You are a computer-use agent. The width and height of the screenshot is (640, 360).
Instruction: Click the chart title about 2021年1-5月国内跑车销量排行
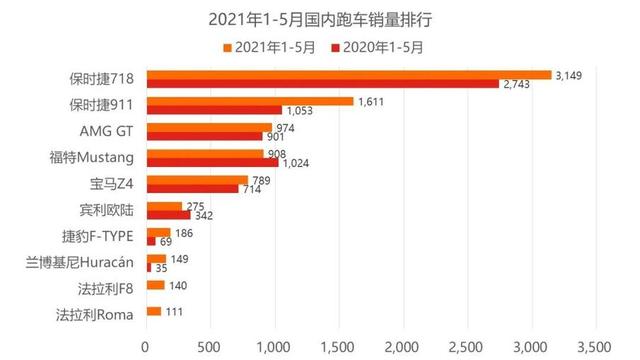click(320, 19)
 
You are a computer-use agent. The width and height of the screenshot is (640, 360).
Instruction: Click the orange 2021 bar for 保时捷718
click(348, 74)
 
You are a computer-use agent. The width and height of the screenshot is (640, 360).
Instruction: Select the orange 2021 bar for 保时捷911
click(249, 101)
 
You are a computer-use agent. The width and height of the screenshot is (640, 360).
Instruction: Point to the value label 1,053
click(300, 111)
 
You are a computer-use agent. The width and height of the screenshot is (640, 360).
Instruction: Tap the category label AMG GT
click(111, 132)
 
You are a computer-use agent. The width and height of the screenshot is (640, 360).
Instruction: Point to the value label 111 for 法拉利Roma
click(176, 313)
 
